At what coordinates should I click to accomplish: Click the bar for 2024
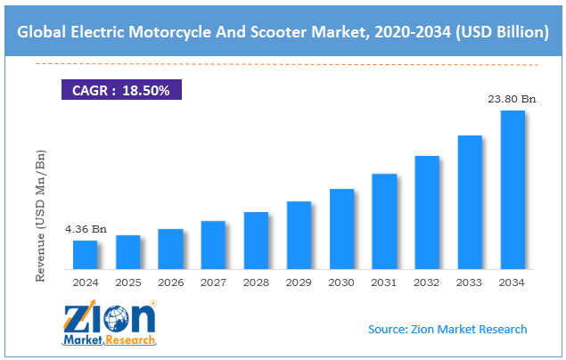tap(85, 255)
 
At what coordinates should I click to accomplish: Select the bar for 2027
tap(213, 245)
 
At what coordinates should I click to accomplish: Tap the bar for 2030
tap(341, 229)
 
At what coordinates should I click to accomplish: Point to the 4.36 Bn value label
tap(86, 229)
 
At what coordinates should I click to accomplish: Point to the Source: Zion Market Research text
tap(447, 330)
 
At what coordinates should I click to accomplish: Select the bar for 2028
tap(256, 241)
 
